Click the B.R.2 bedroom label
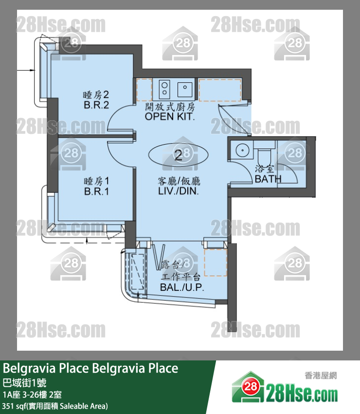tap(96, 105)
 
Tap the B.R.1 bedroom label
tap(96, 191)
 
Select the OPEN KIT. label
tap(170, 116)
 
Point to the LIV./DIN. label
tap(178, 191)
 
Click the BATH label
tap(268, 179)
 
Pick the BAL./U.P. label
tap(182, 287)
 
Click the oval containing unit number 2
tap(179, 155)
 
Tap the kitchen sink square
tap(185, 90)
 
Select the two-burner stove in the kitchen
tap(164, 89)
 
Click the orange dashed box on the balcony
tap(216, 262)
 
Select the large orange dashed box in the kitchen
tap(220, 90)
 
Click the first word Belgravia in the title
tap(29, 368)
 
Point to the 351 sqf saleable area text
tap(55, 406)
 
